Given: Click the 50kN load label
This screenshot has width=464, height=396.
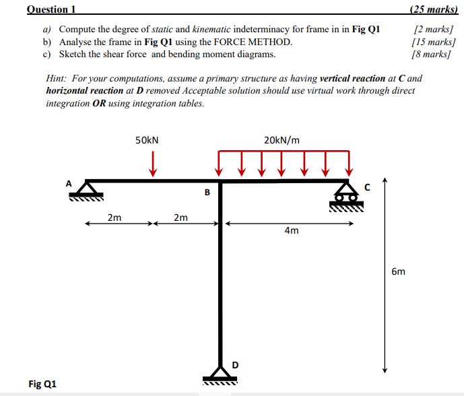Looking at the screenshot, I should (x=147, y=140).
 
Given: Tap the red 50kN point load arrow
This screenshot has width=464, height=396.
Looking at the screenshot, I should (x=153, y=164).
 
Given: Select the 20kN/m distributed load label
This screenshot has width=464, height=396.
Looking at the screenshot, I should (x=282, y=140).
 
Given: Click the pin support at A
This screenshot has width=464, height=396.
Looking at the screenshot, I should (x=87, y=191).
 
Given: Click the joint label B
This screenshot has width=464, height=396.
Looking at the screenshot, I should (x=207, y=193).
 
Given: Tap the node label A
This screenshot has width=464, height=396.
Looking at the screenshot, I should (x=68, y=182).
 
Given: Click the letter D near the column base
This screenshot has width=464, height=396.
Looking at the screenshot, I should (x=234, y=364).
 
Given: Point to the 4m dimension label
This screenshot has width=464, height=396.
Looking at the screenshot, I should (x=292, y=230).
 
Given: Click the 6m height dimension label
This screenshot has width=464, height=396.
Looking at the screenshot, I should (x=398, y=271).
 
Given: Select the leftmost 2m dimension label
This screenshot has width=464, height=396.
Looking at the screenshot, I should (x=114, y=217).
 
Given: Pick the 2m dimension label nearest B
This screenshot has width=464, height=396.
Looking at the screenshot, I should (x=180, y=217).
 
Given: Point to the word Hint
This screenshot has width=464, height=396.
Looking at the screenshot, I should (x=57, y=79).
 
